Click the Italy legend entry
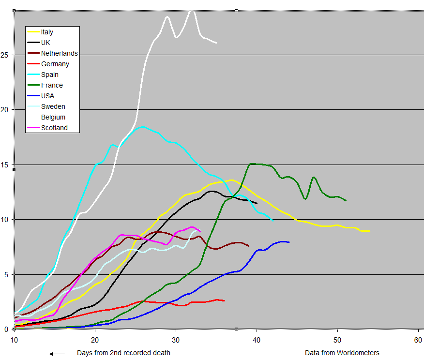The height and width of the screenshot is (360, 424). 47,32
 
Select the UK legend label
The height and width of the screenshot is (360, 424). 46,43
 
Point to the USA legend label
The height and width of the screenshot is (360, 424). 47,96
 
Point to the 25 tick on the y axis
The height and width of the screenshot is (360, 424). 5,55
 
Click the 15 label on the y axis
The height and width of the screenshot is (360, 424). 5,165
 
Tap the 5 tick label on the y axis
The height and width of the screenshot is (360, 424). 7,274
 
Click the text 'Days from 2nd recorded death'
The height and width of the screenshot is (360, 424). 123,353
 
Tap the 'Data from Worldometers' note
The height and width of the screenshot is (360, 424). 342,353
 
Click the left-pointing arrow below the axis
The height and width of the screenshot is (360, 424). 57,354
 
